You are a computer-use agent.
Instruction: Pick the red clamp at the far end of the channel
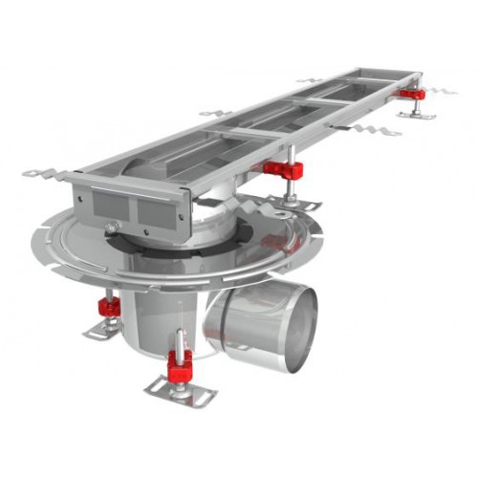[x=413, y=95]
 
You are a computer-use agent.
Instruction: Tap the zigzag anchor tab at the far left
[x=41, y=175]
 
